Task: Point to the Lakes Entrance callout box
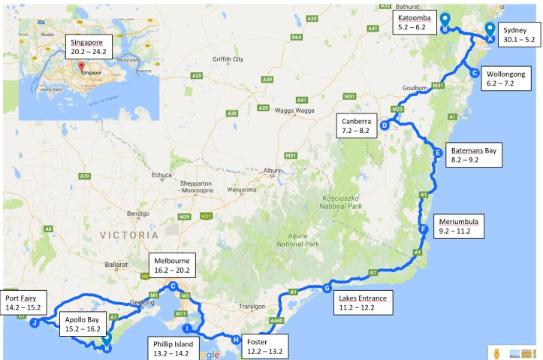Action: pos(363,303)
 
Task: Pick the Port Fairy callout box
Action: pos(22,301)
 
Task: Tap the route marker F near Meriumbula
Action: pos(424,229)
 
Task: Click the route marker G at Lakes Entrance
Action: pos(327,288)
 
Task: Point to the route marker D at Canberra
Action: pos(385,126)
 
